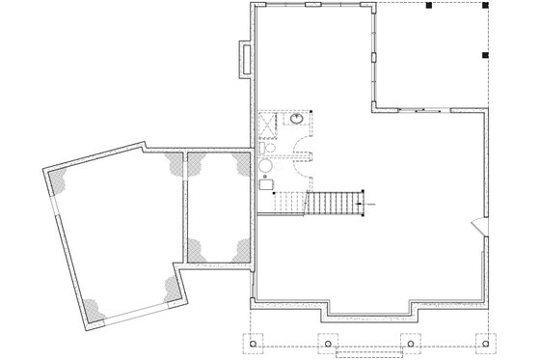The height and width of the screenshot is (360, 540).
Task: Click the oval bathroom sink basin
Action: [298, 122]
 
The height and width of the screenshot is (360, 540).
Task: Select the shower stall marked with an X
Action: [268, 125]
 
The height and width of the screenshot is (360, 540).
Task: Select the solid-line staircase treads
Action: [331, 204]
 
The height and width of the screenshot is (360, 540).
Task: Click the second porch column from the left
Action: [328, 343]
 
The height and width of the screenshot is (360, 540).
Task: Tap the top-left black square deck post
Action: [428, 6]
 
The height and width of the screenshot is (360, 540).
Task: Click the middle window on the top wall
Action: [312, 5]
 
